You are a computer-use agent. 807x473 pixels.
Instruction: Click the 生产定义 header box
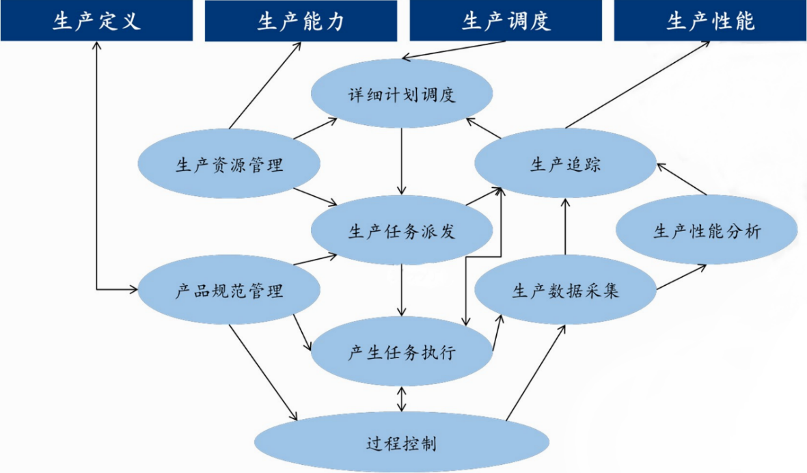click(96, 21)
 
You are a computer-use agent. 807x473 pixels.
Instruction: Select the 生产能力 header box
click(301, 21)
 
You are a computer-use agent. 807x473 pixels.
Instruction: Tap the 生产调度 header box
click(505, 21)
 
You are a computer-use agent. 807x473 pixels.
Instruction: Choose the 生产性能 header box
click(710, 21)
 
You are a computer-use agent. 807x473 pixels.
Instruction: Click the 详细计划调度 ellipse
click(401, 94)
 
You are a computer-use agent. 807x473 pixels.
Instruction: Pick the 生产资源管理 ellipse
click(230, 165)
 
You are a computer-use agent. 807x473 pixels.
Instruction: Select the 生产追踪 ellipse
click(565, 164)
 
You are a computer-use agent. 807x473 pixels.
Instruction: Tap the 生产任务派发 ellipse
click(401, 231)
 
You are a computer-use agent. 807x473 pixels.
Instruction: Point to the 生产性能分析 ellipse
click(707, 231)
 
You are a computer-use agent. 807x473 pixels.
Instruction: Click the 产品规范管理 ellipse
click(230, 292)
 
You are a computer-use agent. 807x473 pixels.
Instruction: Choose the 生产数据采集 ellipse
click(565, 291)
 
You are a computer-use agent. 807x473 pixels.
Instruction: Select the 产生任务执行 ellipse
click(401, 353)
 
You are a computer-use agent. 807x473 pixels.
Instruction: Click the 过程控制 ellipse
click(401, 444)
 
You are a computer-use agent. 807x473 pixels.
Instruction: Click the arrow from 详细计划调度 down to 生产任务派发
click(402, 161)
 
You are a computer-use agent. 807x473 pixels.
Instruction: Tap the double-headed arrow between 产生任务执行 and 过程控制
click(402, 398)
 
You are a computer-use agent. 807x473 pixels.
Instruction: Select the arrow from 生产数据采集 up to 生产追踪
click(565, 226)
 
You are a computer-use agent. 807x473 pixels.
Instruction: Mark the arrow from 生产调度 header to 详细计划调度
click(454, 50)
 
